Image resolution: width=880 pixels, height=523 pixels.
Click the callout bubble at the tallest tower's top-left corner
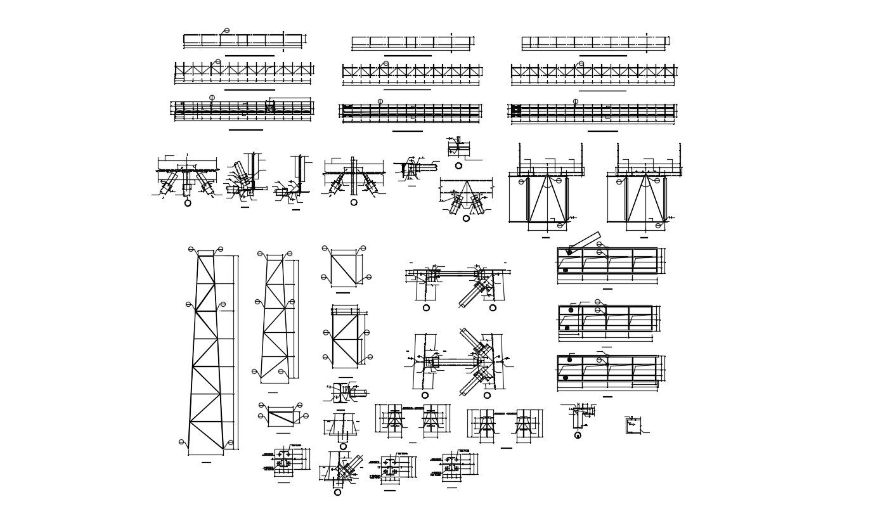pyautogui.click(x=191, y=249)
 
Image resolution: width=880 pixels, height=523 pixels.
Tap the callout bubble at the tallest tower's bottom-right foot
pyautogui.click(x=231, y=442)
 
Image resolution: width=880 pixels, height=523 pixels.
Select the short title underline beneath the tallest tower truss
pyautogui.click(x=206, y=462)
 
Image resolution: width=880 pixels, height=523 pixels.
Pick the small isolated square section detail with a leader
pyautogui.click(x=632, y=425)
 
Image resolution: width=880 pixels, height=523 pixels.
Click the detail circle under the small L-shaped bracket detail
pyautogui.click(x=578, y=436)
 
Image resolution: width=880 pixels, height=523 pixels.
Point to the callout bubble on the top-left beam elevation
pyautogui.click(x=226, y=30)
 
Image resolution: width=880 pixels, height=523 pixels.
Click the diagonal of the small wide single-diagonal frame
pyautogui.click(x=283, y=418)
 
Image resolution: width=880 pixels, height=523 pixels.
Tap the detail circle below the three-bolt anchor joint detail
pyautogui.click(x=188, y=203)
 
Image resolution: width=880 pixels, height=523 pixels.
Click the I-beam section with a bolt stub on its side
pyautogui.click(x=342, y=393)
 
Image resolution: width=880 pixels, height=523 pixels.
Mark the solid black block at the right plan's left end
pyautogui.click(x=516, y=110)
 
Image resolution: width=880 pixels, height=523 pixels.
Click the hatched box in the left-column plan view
pyautogui.click(x=270, y=108)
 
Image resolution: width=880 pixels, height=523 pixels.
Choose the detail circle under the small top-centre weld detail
pyautogui.click(x=458, y=165)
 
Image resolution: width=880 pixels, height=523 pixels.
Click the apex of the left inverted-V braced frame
pyautogui.click(x=548, y=176)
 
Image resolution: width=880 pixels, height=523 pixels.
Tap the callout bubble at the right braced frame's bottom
pyautogui.click(x=658, y=226)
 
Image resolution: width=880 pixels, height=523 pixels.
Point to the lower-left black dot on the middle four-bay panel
pyautogui.click(x=567, y=328)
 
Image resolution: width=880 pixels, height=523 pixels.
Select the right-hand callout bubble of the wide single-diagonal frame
pyautogui.click(x=306, y=416)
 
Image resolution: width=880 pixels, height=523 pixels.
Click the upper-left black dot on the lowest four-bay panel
pyautogui.click(x=569, y=360)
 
